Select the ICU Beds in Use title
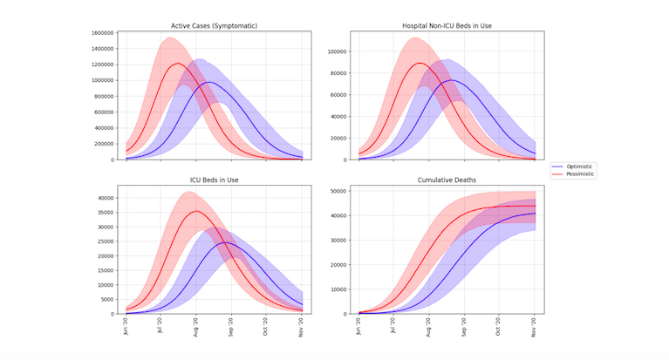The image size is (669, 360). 215,180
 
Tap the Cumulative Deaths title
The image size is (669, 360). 447,180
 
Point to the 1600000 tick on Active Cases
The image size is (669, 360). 101,32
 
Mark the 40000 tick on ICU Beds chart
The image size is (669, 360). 106,198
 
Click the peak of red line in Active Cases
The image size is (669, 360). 177,64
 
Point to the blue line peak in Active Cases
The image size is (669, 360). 210,83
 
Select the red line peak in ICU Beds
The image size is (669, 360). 196,211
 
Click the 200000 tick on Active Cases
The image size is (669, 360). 103,144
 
